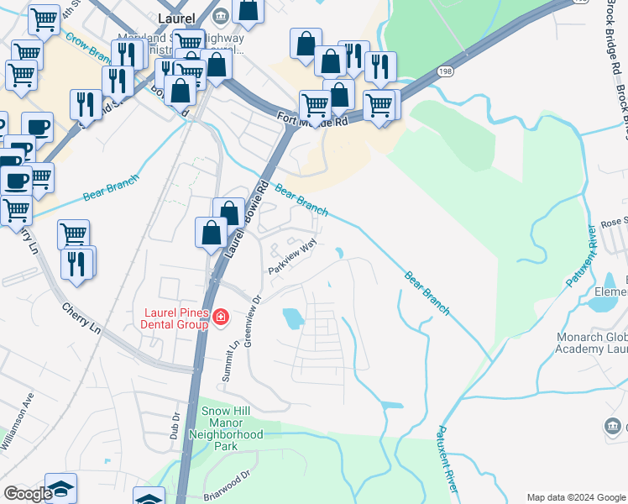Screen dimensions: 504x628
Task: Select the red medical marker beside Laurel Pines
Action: (x=221, y=317)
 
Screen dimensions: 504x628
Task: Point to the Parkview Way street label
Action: (x=292, y=257)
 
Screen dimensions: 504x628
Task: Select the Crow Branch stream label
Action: (x=89, y=50)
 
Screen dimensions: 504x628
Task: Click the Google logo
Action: (x=28, y=494)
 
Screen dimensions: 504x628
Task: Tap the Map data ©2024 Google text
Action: (x=576, y=497)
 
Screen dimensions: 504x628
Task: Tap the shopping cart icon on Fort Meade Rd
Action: (x=315, y=106)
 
